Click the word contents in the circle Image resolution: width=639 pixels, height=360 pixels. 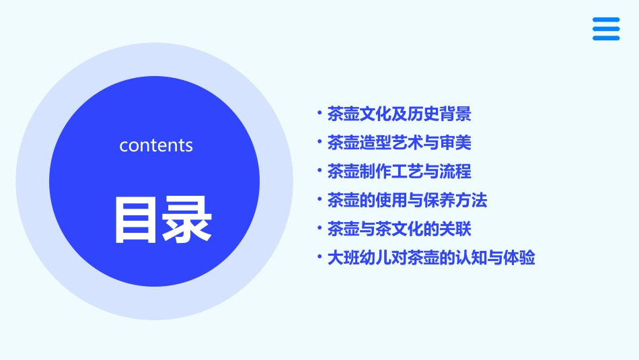click(156, 145)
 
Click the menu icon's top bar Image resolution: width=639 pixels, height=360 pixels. click(606, 20)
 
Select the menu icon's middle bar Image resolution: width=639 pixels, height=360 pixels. click(606, 29)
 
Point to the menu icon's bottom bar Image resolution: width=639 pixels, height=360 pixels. click(606, 38)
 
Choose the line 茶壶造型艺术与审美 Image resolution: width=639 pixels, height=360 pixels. click(399, 143)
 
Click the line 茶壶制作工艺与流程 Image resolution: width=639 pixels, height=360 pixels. click(399, 172)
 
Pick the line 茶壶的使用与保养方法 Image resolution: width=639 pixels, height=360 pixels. click(407, 200)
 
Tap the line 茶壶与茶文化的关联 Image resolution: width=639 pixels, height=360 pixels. click(399, 229)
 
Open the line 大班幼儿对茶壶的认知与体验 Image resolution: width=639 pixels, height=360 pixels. click(430, 258)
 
